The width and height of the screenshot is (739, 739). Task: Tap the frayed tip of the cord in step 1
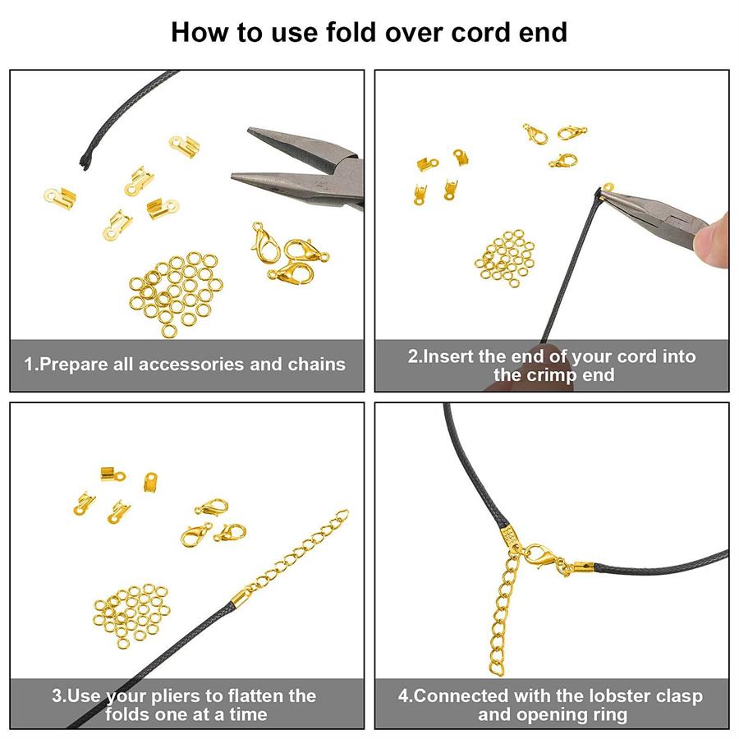pyautogui.click(x=85, y=162)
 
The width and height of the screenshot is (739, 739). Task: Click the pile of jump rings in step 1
pyautogui.click(x=176, y=292)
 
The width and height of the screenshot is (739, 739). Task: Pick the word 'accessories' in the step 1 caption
pyautogui.click(x=191, y=365)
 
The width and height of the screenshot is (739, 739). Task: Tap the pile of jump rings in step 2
pyautogui.click(x=505, y=259)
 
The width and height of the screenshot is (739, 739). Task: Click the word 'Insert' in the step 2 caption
pyautogui.click(x=448, y=356)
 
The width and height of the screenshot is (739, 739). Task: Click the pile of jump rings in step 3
pyautogui.click(x=131, y=614)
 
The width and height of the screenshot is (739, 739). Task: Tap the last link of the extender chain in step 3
pyautogui.click(x=342, y=515)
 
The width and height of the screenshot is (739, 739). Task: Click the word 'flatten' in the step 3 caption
pyautogui.click(x=255, y=696)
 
